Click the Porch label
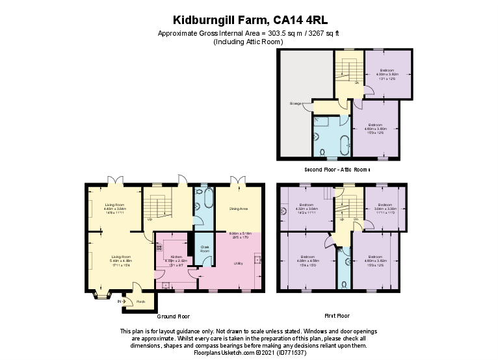pos(141,302)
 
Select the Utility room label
pos(239,263)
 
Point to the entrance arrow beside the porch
pos(119,301)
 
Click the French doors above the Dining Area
pos(239,181)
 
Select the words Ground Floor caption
pos(174,316)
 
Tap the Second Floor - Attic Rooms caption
pos(337,170)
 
